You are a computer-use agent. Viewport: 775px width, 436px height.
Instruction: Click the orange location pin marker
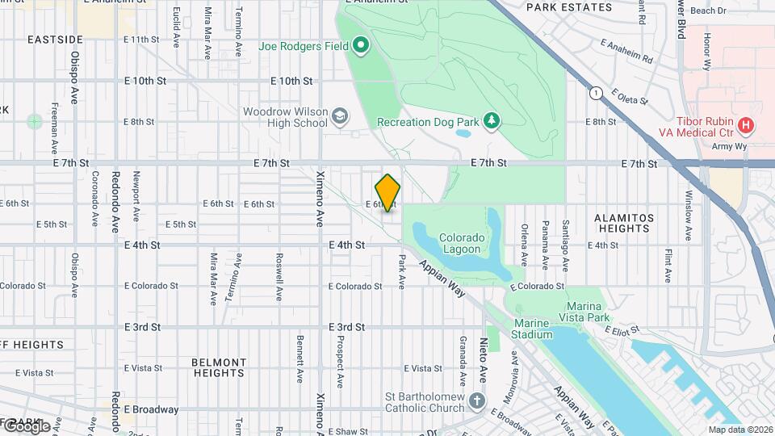point(387,192)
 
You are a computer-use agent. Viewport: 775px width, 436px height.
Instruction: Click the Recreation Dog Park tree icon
point(491,121)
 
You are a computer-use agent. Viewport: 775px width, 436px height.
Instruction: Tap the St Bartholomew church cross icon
point(477,401)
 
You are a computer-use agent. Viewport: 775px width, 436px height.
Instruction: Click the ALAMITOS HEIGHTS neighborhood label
point(622,223)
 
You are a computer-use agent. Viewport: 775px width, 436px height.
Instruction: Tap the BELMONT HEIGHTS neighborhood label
point(219,367)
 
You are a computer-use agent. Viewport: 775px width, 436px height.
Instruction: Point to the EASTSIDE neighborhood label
point(55,39)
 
